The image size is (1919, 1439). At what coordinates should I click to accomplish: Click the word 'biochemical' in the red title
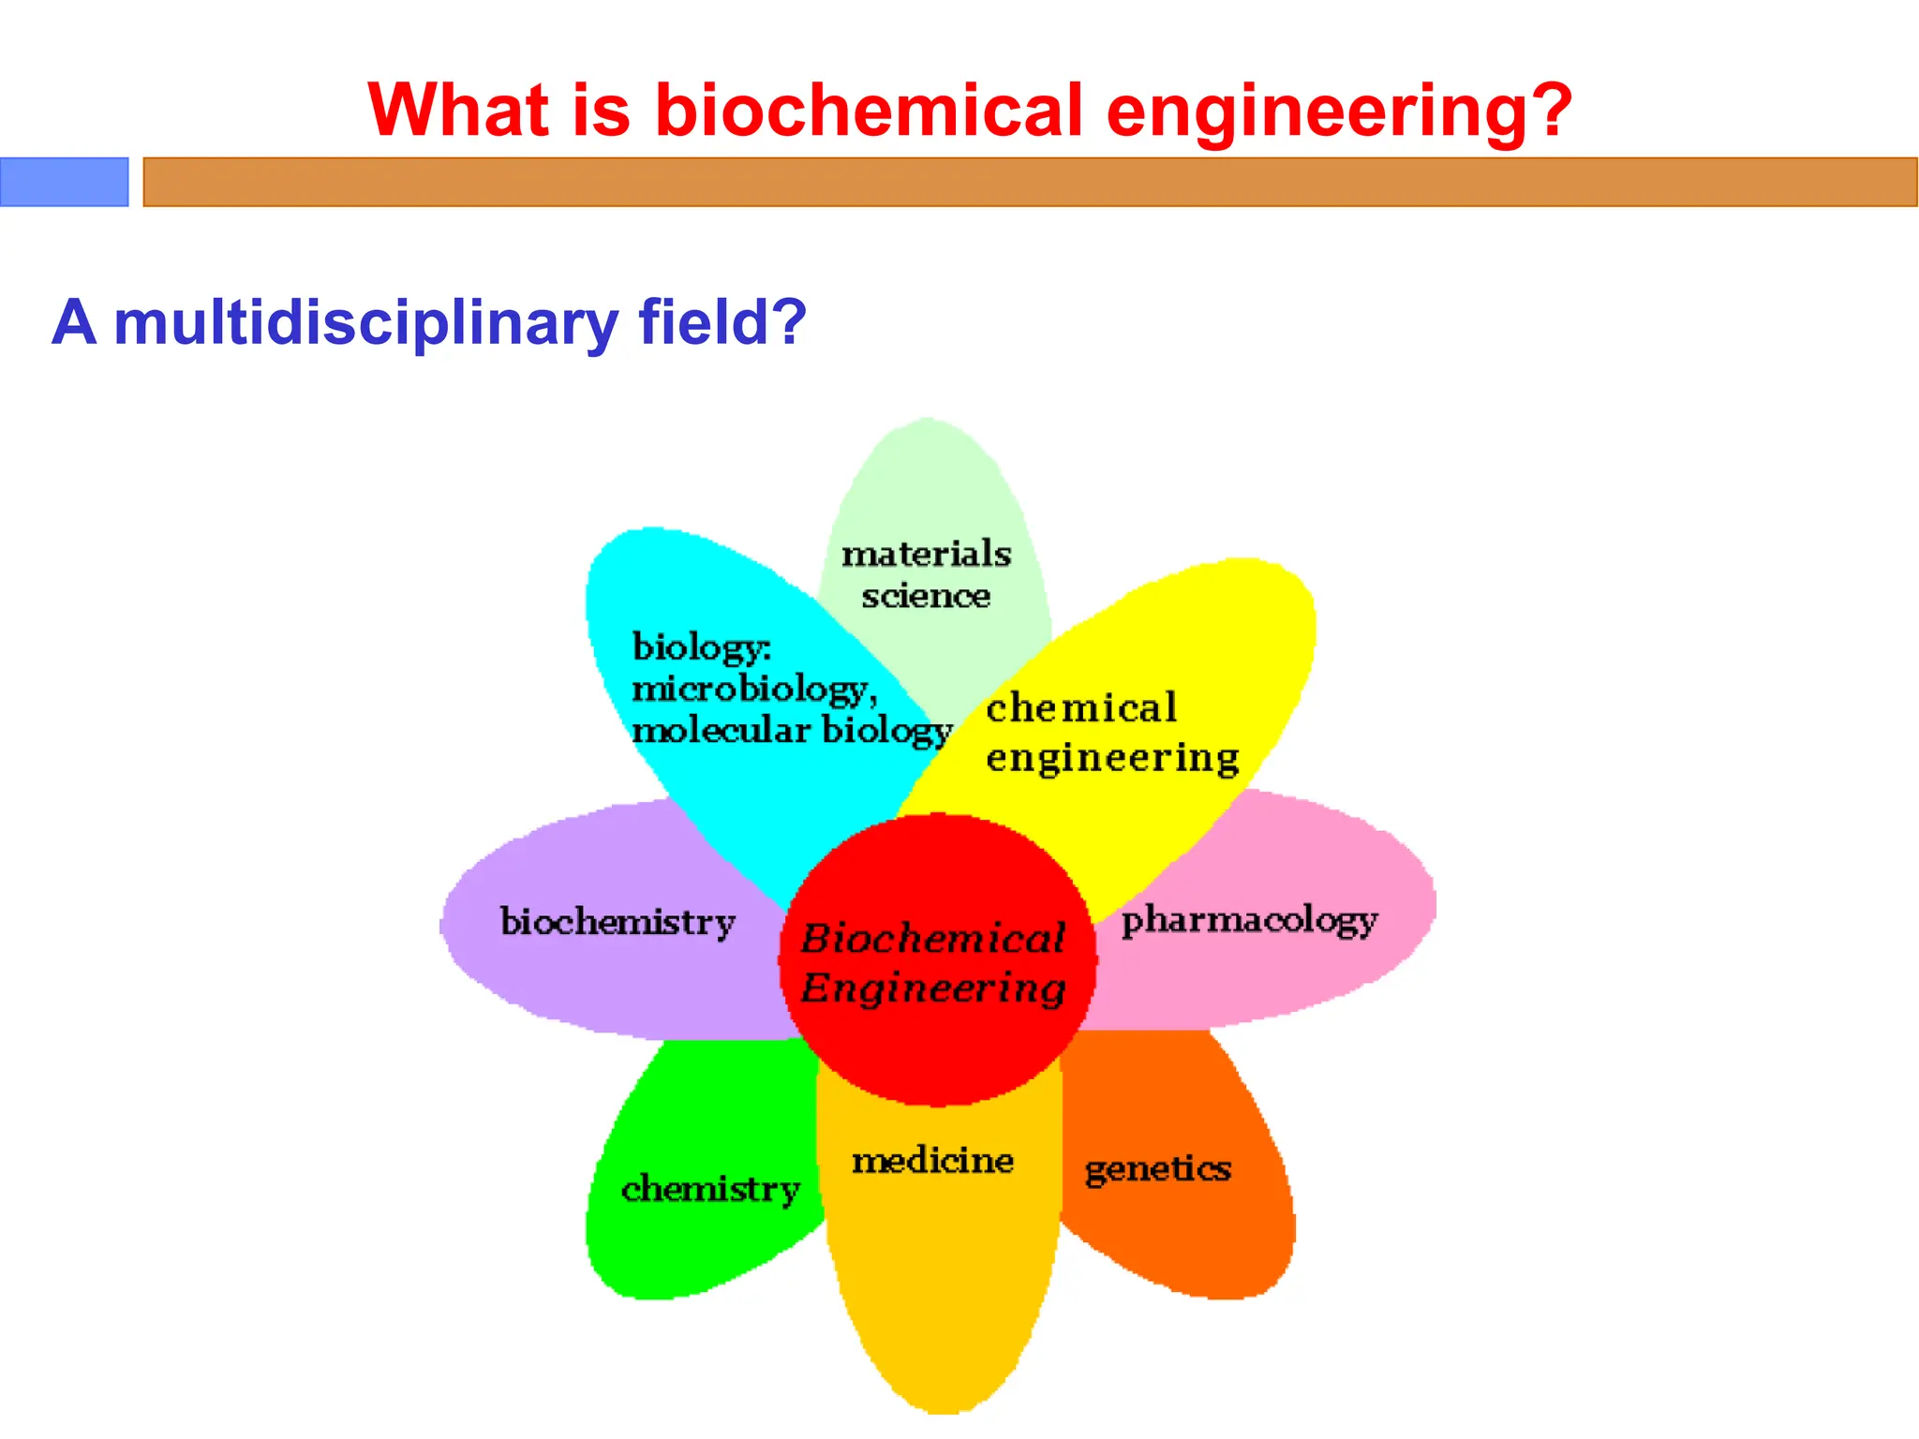(x=868, y=111)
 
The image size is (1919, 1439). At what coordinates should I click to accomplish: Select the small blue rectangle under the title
(x=64, y=182)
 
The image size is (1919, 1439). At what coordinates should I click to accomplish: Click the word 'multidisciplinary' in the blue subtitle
(x=365, y=323)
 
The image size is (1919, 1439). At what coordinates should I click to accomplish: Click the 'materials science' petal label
(x=926, y=573)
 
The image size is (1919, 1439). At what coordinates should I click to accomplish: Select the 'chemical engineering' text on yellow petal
(x=1111, y=733)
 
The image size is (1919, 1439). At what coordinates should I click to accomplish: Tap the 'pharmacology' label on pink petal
(x=1249, y=921)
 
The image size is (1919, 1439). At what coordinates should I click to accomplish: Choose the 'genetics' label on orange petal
(x=1157, y=1170)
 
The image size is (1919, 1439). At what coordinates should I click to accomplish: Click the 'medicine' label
(x=932, y=1161)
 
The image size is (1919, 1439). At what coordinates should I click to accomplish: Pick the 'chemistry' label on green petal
(x=710, y=1190)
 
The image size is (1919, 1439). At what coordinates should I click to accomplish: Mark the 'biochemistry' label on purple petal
(x=617, y=922)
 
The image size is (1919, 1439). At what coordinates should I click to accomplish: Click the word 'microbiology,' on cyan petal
(x=754, y=690)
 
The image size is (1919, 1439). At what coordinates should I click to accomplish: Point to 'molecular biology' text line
(x=792, y=731)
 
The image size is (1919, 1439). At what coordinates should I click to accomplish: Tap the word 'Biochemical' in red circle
(x=933, y=938)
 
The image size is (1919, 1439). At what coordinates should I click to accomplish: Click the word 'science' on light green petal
(x=926, y=596)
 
